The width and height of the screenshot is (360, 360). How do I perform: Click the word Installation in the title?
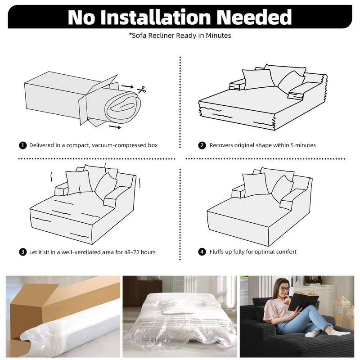155,17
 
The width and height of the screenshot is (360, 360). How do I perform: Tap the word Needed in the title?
254,17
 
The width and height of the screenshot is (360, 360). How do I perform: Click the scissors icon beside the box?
142,90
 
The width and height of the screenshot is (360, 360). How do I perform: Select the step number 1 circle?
23,145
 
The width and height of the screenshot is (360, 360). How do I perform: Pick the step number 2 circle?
202,145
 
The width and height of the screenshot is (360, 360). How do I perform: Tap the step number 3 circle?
23,252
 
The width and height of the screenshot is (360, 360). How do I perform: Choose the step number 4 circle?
202,252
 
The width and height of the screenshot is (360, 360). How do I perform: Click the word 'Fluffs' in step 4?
216,252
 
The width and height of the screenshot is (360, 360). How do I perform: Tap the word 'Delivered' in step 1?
40,145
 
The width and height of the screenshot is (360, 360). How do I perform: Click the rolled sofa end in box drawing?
123,108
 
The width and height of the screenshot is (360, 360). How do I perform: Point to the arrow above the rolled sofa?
127,86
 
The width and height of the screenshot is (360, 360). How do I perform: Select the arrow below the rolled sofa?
115,127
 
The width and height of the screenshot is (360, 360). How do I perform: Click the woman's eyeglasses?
284,288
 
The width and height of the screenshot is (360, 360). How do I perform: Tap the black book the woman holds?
303,300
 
